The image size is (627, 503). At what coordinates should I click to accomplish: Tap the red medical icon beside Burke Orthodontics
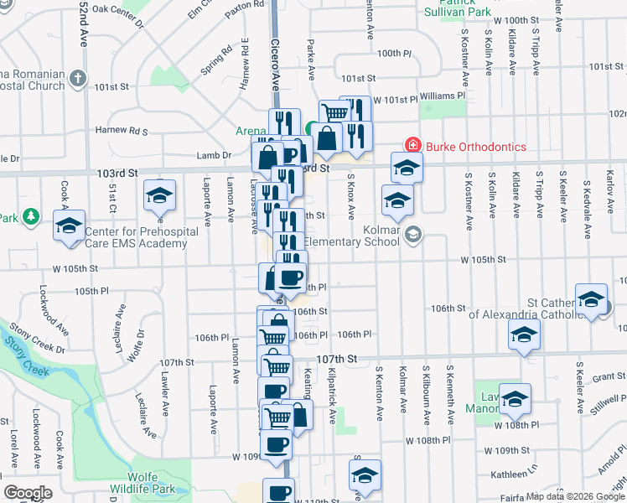412,146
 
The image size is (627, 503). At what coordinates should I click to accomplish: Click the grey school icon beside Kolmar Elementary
412,234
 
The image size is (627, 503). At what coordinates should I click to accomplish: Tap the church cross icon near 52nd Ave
78,79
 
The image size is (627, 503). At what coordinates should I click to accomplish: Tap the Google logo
28,492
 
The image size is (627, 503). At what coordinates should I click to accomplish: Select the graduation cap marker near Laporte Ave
159,195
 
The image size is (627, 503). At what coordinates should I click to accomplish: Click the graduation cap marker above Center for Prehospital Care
69,225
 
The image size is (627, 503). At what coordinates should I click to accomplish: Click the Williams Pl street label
443,96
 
